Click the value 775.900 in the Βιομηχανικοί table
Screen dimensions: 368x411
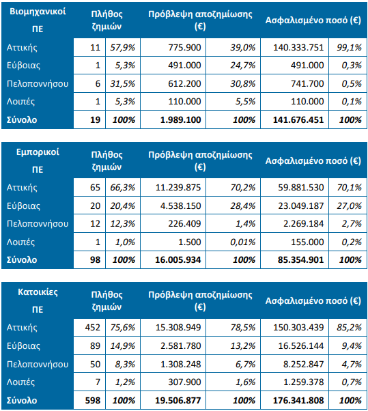pyautogui.click(x=184, y=47)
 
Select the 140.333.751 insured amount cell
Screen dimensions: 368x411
pyautogui.click(x=298, y=47)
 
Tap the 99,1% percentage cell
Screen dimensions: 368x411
pyautogui.click(x=349, y=47)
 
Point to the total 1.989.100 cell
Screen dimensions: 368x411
pyautogui.click(x=181, y=119)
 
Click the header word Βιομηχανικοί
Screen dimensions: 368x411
pyautogui.click(x=38, y=12)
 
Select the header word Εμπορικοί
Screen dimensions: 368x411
pyautogui.click(x=38, y=152)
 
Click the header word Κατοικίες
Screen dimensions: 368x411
pyautogui.click(x=38, y=292)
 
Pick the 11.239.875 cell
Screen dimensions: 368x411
pyautogui.click(x=178, y=188)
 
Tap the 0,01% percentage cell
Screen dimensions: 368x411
pyautogui.click(x=242, y=242)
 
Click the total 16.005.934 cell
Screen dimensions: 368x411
pyautogui.click(x=178, y=259)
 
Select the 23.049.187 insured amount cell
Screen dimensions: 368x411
pyautogui.click(x=301, y=205)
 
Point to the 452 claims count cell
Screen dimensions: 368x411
pyautogui.click(x=93, y=328)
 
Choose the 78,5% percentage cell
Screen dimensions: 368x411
pyautogui.click(x=242, y=328)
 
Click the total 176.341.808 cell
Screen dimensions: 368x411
pyautogui.click(x=298, y=400)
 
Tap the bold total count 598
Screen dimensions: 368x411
pyautogui.click(x=93, y=400)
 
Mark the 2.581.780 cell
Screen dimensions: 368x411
pyautogui.click(x=181, y=345)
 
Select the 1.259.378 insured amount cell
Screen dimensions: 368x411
pyautogui.click(x=304, y=382)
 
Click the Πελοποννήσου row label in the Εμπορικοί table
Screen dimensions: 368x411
pyautogui.click(x=38, y=223)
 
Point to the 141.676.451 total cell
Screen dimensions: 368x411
pyautogui.click(x=298, y=119)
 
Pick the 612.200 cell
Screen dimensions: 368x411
pyautogui.click(x=184, y=83)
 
